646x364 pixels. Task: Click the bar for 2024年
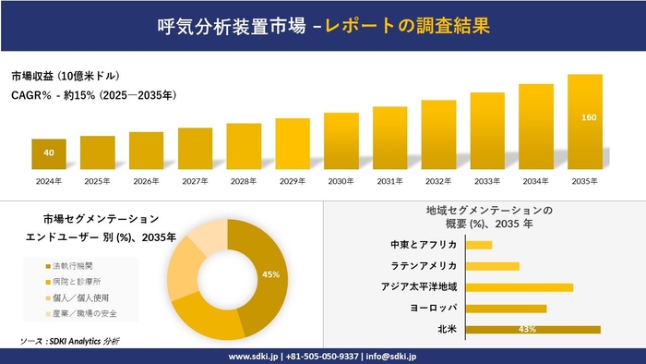point(49,153)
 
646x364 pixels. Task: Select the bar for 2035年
point(584,121)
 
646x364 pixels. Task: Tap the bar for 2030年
point(341,140)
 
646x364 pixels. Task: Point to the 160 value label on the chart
point(589,117)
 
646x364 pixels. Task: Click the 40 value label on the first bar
point(48,152)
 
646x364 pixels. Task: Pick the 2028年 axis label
point(244,180)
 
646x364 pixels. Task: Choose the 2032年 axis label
point(438,180)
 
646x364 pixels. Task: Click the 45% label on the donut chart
point(270,274)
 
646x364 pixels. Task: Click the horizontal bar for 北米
point(533,329)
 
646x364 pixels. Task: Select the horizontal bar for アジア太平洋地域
point(520,287)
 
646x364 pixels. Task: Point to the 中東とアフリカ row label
point(425,245)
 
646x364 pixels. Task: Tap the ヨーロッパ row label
point(430,308)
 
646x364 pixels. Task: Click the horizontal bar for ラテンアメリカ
point(493,266)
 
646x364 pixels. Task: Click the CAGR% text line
point(93,94)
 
